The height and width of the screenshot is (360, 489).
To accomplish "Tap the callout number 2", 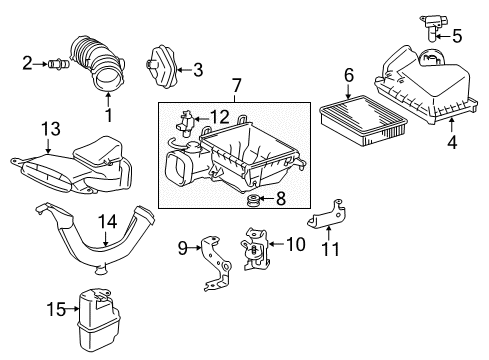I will click(27, 64).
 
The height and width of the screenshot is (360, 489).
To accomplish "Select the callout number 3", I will click(198, 69).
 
